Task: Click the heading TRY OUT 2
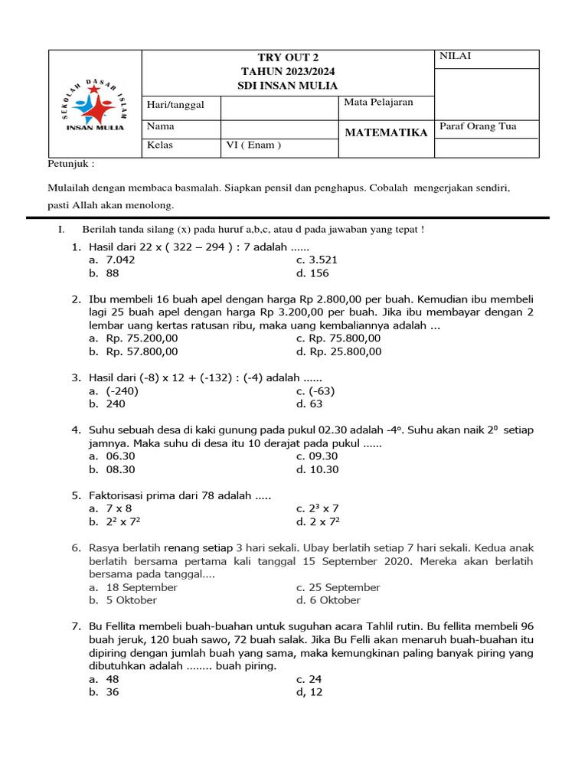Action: point(288,58)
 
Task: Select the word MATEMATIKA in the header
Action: point(386,132)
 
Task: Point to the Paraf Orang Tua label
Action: point(478,126)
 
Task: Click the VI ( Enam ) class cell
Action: point(253,145)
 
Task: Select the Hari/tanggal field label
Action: point(175,105)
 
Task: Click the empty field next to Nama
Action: point(279,127)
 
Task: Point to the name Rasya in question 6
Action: point(106,548)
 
